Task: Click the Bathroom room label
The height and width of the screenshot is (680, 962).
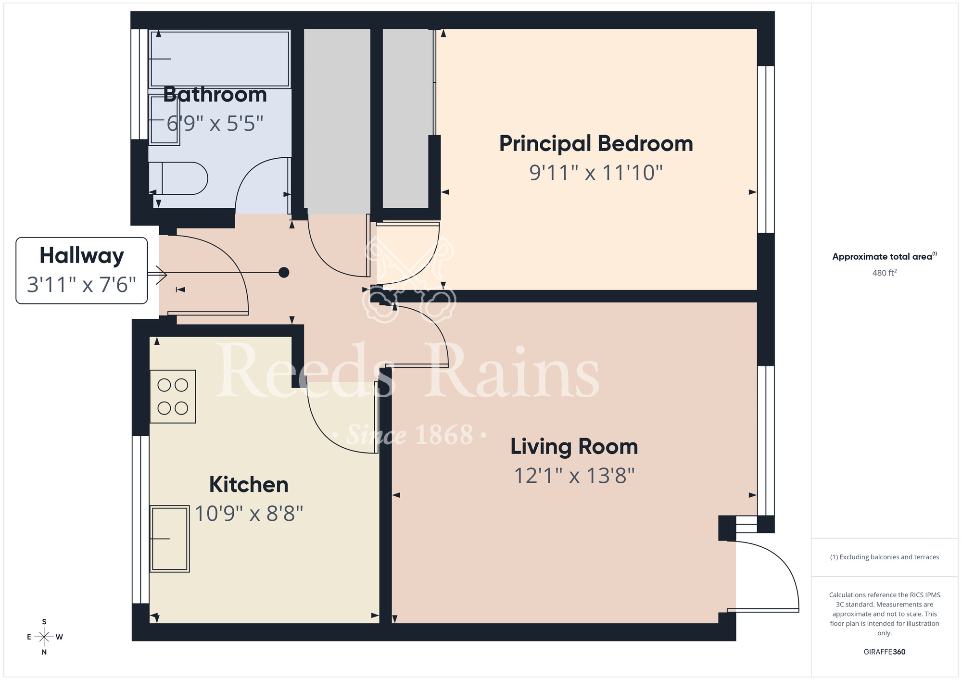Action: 215,95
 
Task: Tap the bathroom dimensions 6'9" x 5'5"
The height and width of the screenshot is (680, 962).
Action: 215,124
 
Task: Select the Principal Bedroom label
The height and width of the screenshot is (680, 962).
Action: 596,144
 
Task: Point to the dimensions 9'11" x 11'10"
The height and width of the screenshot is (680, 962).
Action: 596,173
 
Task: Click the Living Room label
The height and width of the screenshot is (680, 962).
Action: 574,447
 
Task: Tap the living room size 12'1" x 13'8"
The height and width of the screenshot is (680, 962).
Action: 574,476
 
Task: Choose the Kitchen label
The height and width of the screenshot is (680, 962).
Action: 249,485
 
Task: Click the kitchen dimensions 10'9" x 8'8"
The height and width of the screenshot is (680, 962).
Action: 249,514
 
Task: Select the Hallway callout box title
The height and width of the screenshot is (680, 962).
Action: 82,255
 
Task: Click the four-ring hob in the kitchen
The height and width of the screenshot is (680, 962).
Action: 173,396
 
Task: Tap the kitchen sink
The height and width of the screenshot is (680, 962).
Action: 169,539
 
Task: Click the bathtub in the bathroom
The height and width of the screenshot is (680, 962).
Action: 220,59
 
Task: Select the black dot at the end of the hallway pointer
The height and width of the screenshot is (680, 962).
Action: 284,273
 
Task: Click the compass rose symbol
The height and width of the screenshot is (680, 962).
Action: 44,637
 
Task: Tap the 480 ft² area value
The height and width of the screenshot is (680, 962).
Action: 884,273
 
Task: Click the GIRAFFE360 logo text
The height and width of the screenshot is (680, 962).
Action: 884,652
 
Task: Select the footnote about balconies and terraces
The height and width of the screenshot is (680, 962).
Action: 884,557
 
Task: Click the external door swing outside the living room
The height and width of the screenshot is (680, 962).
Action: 770,577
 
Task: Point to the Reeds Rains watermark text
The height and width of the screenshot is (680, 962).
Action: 409,373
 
